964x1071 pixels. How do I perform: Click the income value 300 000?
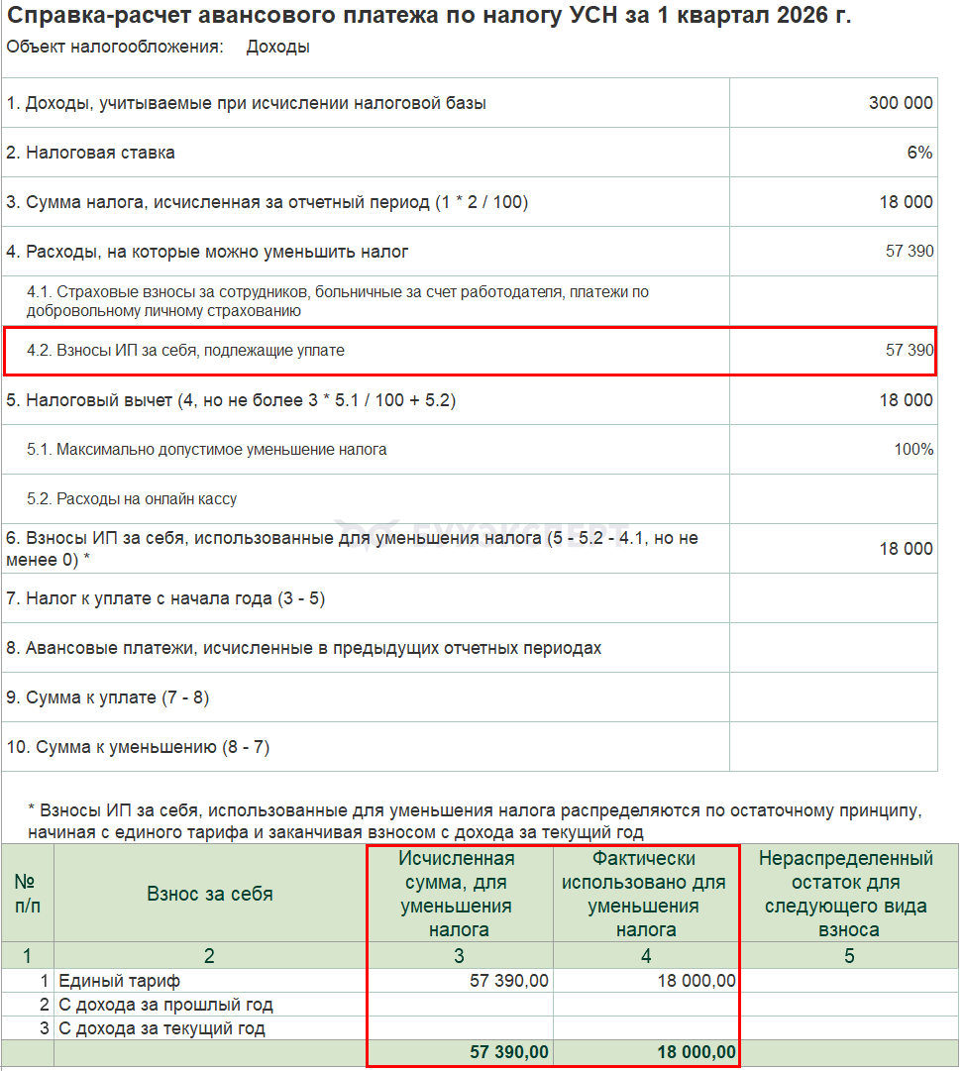900,103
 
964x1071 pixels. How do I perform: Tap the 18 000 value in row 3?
906,202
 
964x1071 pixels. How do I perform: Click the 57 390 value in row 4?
909,252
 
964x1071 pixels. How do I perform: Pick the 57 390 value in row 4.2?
909,351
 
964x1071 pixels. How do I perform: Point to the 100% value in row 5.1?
912,450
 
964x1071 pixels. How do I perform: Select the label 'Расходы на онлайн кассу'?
146,499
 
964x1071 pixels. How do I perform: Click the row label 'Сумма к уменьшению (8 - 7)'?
145,747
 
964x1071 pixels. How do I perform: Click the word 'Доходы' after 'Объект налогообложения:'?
277,47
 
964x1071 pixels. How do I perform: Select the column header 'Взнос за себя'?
209,894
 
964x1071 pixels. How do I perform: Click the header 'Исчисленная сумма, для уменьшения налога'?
457,894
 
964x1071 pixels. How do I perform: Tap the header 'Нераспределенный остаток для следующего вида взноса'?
847,894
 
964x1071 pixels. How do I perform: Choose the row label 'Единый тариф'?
119,981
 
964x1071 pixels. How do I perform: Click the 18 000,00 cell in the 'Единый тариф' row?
696,981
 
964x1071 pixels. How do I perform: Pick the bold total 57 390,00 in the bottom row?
509,1052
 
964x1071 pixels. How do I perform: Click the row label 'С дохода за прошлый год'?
165,1005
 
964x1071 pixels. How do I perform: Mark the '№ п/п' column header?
26,894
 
